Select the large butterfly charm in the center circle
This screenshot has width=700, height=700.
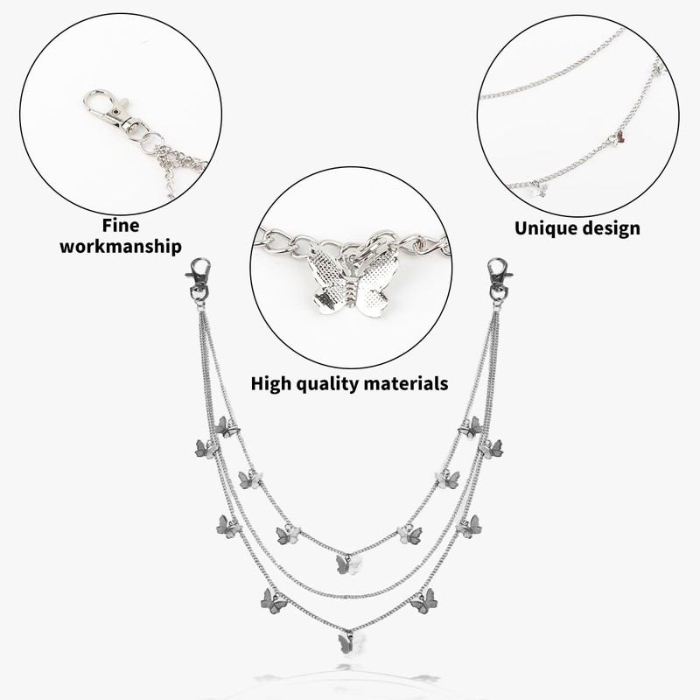(350, 280)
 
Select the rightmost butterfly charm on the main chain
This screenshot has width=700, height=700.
(493, 449)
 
